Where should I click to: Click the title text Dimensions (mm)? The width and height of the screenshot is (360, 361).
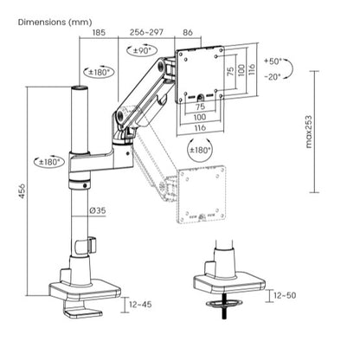pos(54,21)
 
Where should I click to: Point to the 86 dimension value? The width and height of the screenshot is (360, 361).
pos(189,32)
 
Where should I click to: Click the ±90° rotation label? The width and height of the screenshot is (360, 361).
pos(138,51)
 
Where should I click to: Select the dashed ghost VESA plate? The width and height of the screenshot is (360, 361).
pos(202,195)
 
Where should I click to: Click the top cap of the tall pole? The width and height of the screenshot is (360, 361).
pos(79,88)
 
